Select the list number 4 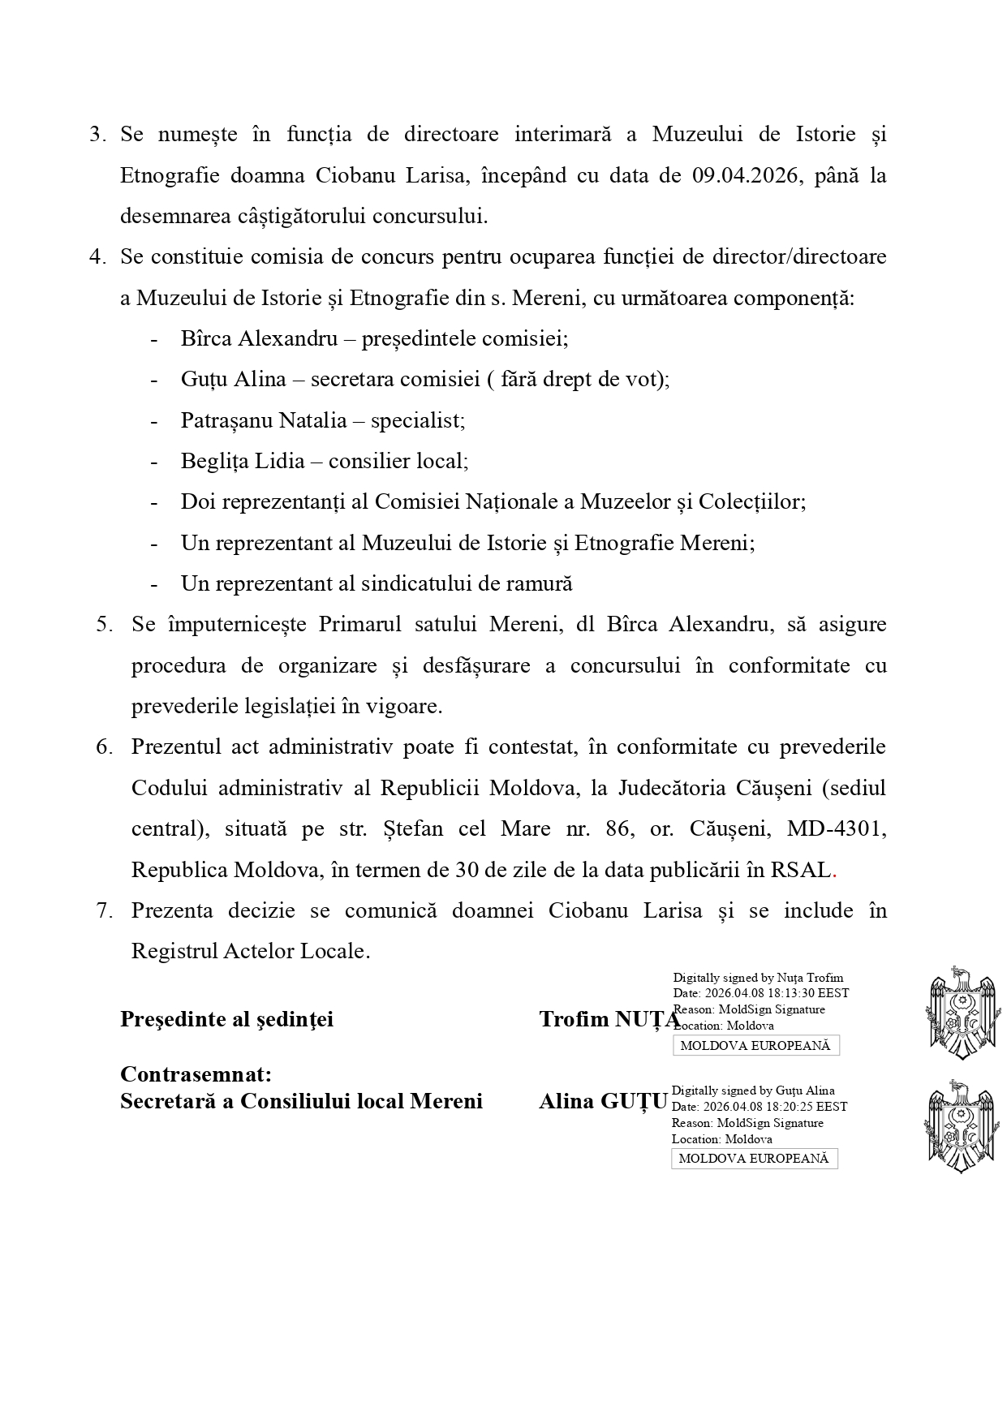97,256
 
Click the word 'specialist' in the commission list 417,420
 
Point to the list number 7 105,910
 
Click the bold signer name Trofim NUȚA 609,1019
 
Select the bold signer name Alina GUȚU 603,1101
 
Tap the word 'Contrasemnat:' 196,1073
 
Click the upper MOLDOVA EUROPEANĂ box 755,1046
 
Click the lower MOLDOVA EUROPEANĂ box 754,1159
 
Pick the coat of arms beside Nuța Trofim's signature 962,1012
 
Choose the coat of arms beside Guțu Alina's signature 960,1125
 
